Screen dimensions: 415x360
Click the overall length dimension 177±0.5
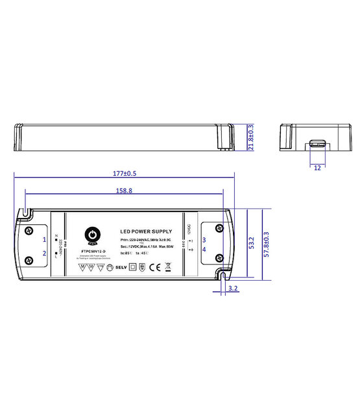coord(124,174)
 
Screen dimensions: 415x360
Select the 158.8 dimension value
coord(123,191)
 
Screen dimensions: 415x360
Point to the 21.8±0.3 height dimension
coord(251,137)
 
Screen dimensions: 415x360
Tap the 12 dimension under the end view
coord(317,167)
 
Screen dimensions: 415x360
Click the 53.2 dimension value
coord(250,243)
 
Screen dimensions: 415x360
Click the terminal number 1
coord(45,239)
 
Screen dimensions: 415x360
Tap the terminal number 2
coord(45,253)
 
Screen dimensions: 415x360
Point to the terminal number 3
coord(204,239)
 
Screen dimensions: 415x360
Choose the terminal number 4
coord(204,248)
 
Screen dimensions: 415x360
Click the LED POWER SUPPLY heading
coord(146,231)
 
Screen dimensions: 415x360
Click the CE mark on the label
coord(154,267)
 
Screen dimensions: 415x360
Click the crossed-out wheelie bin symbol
coord(168,266)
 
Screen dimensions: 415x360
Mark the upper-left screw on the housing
coord(29,230)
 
